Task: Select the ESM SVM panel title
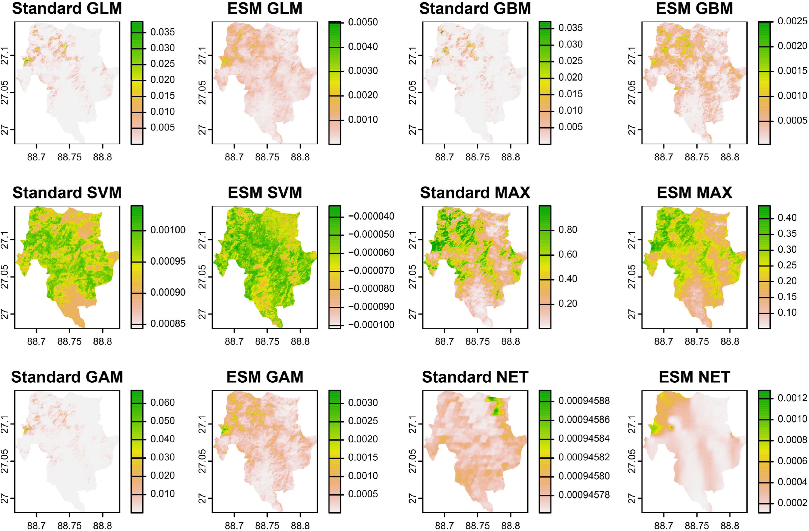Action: (x=265, y=193)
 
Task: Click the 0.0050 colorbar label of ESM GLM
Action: (x=363, y=22)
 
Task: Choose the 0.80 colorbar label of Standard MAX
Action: (x=568, y=230)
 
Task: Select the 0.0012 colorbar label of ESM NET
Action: (x=792, y=398)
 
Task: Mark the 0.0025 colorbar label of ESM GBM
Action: (x=792, y=21)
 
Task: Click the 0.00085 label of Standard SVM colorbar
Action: (x=168, y=323)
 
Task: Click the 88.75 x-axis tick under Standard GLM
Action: (x=69, y=157)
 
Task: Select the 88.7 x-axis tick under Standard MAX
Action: (x=444, y=341)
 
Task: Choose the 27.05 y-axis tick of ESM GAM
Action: (x=202, y=461)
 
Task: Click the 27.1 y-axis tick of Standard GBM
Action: (x=412, y=56)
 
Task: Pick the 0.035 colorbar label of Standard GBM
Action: (x=570, y=28)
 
